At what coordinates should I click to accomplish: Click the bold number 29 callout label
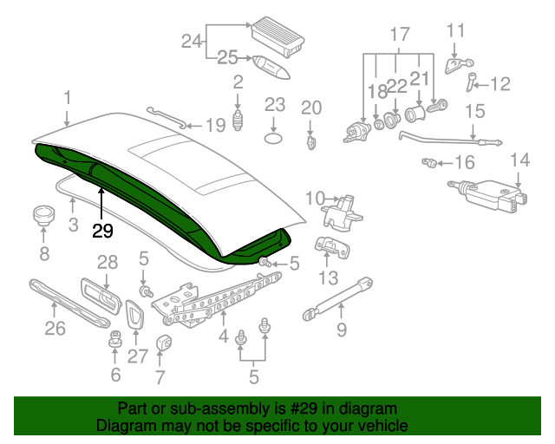(x=102, y=231)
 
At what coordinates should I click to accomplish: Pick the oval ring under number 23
(x=275, y=137)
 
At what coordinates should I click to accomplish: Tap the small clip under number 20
(x=311, y=140)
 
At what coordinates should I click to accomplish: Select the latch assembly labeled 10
(x=343, y=211)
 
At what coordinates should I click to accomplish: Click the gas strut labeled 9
(x=336, y=298)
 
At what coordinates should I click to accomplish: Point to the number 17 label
(x=398, y=36)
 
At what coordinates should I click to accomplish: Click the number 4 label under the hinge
(x=223, y=335)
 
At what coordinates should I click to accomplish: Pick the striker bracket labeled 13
(x=330, y=247)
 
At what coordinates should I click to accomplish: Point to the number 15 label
(x=474, y=110)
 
